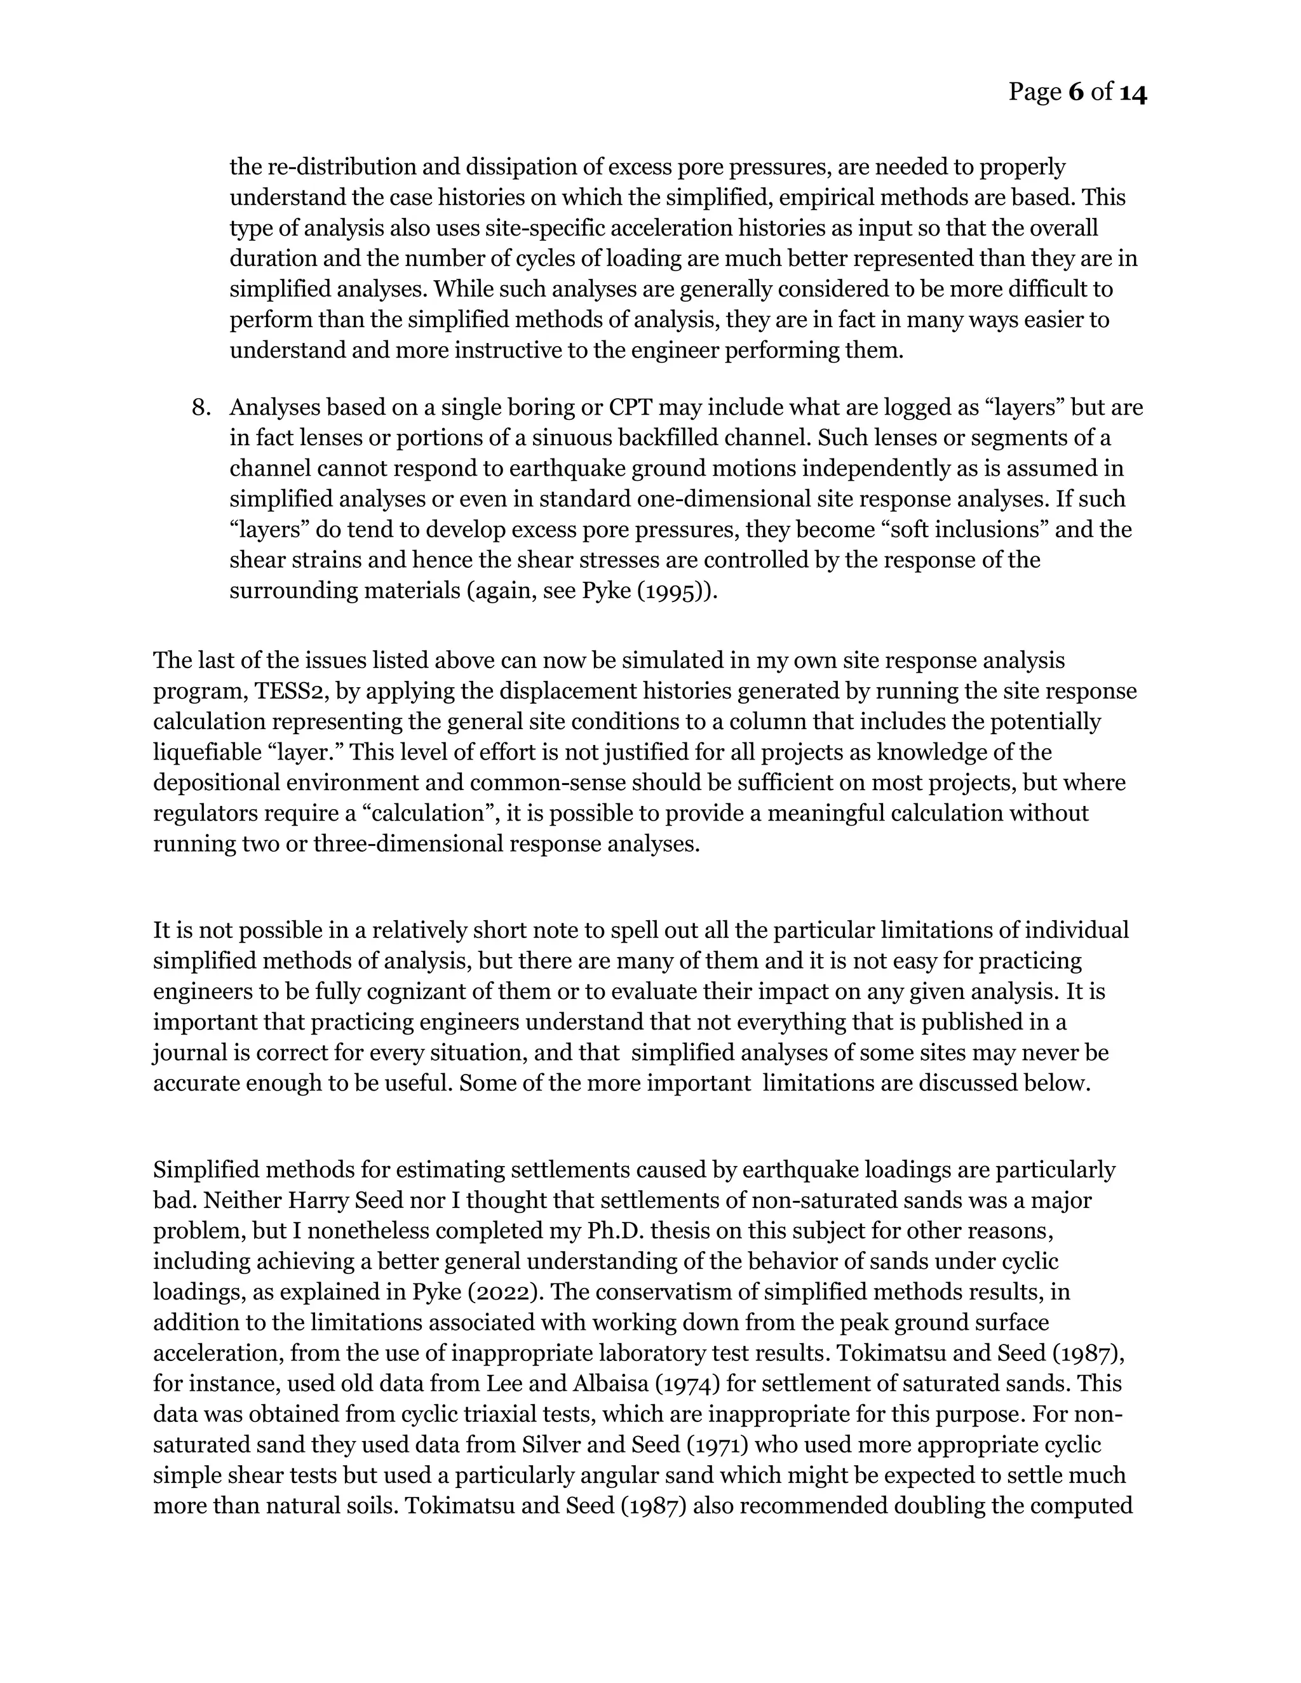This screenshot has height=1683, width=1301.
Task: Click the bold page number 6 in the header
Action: coord(1077,93)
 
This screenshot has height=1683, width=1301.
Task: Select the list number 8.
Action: coord(199,407)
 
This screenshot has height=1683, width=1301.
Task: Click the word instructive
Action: coord(510,351)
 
